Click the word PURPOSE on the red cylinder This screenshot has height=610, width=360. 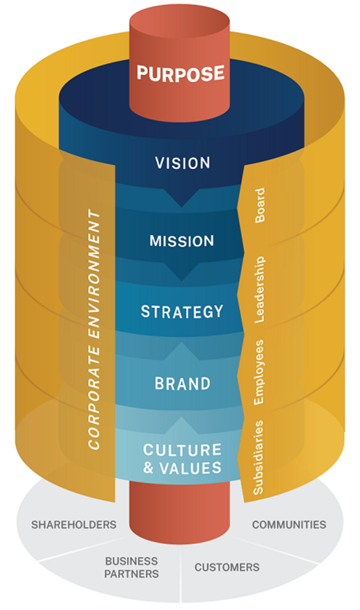[180, 74]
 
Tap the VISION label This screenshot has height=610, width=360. [183, 163]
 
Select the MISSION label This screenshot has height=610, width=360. [182, 241]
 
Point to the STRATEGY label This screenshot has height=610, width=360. [182, 312]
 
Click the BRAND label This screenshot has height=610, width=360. [183, 384]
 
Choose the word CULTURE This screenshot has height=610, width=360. [182, 450]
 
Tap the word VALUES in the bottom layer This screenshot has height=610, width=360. [190, 468]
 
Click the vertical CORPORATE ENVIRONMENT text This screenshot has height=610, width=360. [95, 329]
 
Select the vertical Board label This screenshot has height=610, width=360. [260, 205]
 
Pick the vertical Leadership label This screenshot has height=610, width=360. [259, 289]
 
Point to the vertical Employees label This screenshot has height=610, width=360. [259, 372]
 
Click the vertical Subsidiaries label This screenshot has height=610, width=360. [258, 457]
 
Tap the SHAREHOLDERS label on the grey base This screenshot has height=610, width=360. [74, 525]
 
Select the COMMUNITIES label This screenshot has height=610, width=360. [289, 525]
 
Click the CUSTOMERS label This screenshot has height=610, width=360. [227, 567]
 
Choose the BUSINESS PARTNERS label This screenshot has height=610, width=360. [131, 568]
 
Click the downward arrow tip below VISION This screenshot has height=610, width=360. [181, 206]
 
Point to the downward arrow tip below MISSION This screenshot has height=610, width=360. [181, 280]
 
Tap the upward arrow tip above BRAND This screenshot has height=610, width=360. [181, 343]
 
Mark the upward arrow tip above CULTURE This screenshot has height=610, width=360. [181, 417]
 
